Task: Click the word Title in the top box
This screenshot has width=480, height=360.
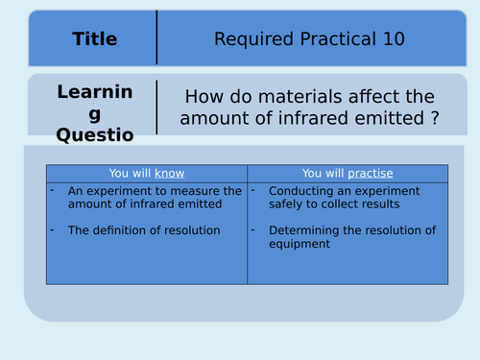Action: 94,39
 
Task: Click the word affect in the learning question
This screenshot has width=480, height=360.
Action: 370,97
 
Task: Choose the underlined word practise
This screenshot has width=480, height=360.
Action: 371,173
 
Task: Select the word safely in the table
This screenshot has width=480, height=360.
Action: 290,204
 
